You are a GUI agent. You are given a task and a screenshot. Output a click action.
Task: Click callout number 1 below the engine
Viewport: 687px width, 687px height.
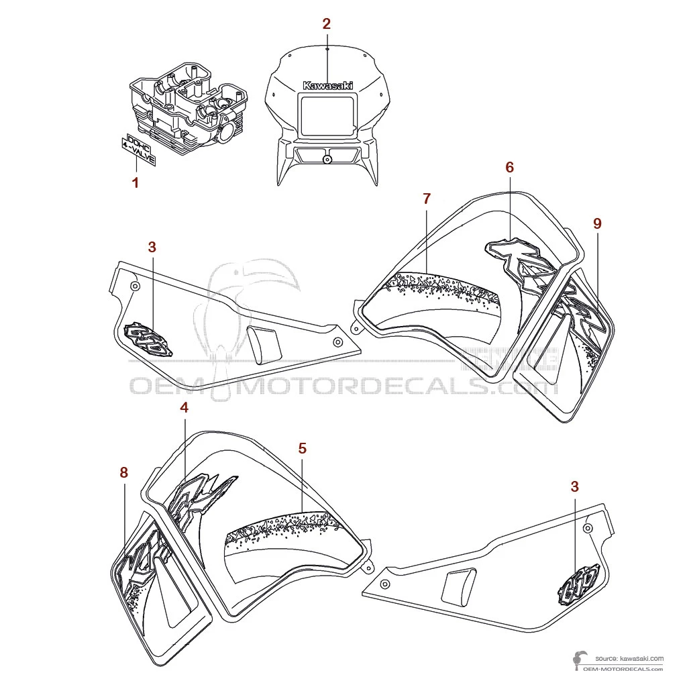(x=136, y=182)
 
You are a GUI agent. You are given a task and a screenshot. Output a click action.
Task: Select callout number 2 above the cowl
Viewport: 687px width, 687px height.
(x=326, y=24)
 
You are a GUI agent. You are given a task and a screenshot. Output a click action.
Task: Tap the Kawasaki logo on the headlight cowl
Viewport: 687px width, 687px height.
(x=327, y=85)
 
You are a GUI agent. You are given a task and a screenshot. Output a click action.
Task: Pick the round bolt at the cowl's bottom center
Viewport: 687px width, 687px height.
(x=327, y=159)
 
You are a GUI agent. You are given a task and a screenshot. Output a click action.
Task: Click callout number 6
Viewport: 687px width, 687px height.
(x=509, y=167)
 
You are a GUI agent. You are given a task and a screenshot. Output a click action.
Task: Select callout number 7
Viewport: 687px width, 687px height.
(x=427, y=199)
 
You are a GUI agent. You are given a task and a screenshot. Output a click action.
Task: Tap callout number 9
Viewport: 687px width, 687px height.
(x=597, y=224)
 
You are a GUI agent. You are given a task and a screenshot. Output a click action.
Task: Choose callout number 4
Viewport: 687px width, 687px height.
(x=184, y=407)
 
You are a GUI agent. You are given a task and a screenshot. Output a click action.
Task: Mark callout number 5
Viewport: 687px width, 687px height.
(x=303, y=448)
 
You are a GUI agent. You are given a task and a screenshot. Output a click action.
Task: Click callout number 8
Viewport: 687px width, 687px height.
(x=123, y=473)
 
